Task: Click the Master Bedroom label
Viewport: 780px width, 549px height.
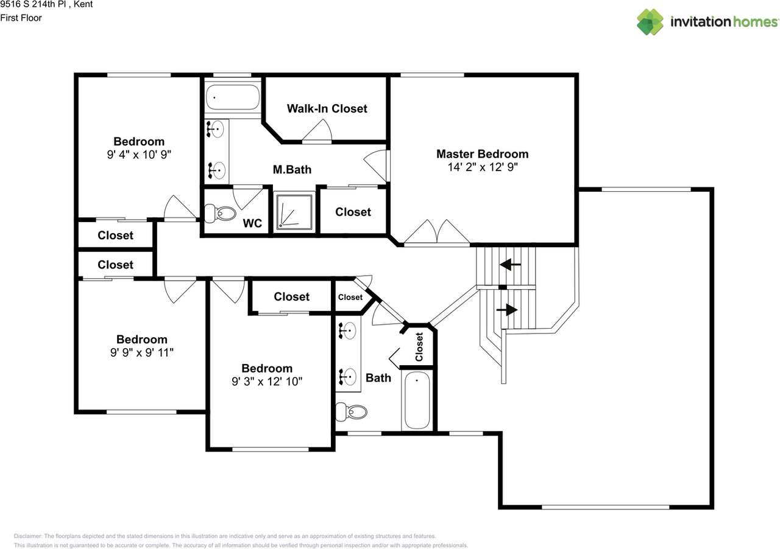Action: [482, 154]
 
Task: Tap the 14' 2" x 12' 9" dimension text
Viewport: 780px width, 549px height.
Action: [482, 167]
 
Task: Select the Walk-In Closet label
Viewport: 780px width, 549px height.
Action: [327, 108]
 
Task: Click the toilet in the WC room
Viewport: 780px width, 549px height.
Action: [221, 214]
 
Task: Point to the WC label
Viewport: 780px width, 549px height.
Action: [252, 223]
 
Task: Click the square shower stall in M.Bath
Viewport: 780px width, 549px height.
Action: [295, 211]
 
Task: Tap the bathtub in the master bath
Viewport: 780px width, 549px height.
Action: [232, 97]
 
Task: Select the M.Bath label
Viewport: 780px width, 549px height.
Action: [292, 170]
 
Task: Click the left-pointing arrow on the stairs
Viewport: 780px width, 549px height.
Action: [510, 265]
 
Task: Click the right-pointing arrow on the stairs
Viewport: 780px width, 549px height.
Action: [508, 310]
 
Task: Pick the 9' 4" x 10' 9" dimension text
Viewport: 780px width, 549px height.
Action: [138, 155]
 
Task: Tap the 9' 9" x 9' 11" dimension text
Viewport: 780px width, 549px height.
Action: [141, 353]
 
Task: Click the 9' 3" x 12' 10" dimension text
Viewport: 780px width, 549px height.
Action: [267, 382]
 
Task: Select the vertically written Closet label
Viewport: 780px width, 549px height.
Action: [419, 347]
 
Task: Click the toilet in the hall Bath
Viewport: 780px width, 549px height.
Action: [352, 413]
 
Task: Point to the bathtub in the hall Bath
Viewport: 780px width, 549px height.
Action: [417, 400]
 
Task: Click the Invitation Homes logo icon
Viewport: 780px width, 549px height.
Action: [650, 22]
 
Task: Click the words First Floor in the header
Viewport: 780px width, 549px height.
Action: [21, 18]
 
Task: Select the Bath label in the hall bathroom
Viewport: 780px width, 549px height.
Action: [378, 378]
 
